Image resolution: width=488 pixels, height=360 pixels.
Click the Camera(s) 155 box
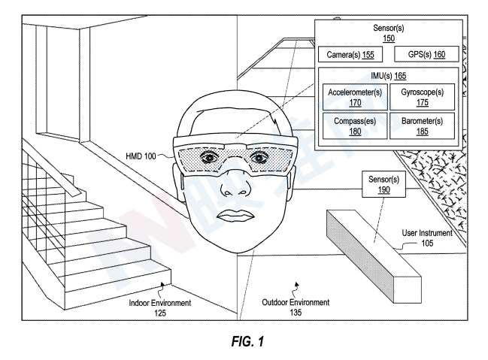(x=350, y=55)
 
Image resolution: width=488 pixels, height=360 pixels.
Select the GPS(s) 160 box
(x=426, y=55)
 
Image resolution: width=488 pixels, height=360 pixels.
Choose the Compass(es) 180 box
(x=355, y=125)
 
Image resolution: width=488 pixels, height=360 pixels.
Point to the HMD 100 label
(x=142, y=156)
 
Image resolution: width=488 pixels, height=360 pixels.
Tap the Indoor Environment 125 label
(x=159, y=307)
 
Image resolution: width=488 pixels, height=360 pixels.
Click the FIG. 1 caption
(x=244, y=340)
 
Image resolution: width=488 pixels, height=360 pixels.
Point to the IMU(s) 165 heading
(x=389, y=75)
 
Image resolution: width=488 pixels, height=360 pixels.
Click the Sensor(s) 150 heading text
(x=389, y=32)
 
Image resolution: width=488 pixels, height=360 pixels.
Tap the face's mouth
(x=234, y=217)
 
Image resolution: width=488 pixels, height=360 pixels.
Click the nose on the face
(x=234, y=189)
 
